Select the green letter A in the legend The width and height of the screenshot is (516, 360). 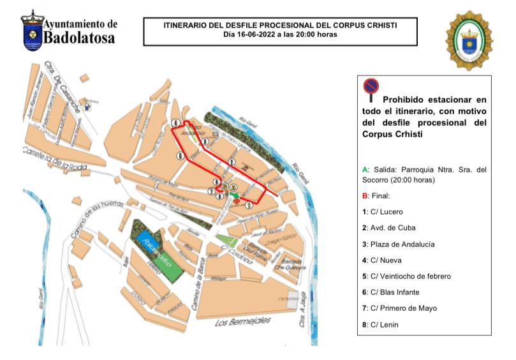tap(365, 170)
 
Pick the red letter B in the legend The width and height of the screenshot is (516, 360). tap(365, 196)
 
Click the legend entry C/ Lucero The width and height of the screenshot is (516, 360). tap(383, 212)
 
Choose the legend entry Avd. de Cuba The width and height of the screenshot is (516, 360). tap(388, 228)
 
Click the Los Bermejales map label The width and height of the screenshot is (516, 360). tap(239, 322)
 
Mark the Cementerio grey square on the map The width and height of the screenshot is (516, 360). tap(292, 300)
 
